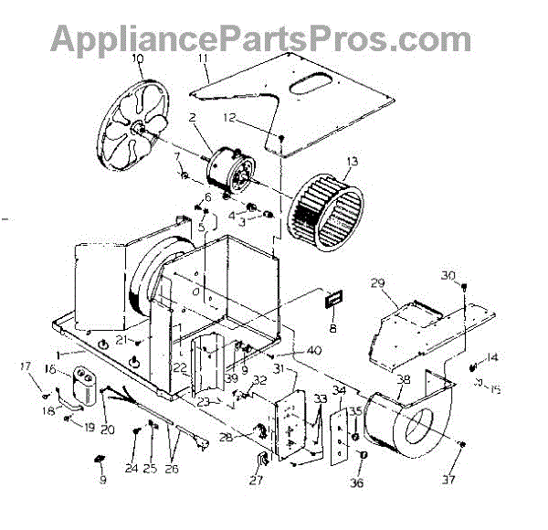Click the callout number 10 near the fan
coord(138,61)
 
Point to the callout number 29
coord(378,284)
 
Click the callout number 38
coord(403,378)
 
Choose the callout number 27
coord(256,480)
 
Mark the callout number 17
coord(26,367)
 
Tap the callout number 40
coord(313,351)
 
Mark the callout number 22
coord(180,367)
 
